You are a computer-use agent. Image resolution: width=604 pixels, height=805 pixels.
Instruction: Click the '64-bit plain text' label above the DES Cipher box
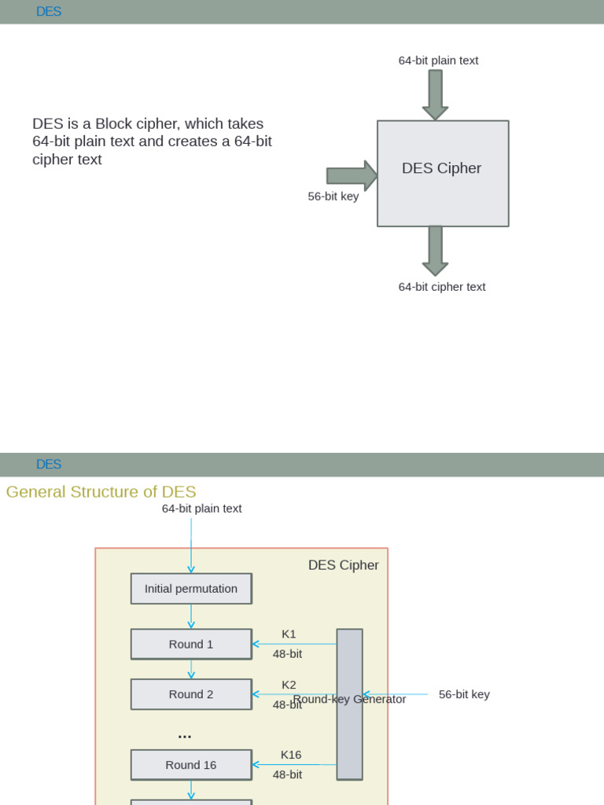438,61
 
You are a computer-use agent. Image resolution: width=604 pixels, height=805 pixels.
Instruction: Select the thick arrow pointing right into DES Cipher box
352,175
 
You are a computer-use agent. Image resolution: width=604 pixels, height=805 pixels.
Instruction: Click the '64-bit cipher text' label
442,287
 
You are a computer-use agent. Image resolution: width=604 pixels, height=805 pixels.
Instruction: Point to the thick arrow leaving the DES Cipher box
435,251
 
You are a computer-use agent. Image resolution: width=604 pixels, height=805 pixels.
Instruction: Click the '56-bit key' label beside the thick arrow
333,197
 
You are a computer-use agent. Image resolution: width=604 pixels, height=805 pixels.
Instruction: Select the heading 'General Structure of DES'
101,492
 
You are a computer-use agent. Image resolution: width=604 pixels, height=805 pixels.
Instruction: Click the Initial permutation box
191,589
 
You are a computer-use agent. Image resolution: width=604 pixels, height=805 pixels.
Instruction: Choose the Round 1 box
191,645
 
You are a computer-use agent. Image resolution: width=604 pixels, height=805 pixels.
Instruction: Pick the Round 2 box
191,695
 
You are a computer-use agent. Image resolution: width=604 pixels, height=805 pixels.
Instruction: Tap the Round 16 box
191,765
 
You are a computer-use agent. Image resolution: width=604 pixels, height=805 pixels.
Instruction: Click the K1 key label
289,634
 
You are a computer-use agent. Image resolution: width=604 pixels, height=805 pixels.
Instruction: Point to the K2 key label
289,685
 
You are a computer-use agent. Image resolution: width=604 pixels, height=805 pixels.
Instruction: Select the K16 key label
291,755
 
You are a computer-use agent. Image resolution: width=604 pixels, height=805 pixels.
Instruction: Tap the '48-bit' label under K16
287,774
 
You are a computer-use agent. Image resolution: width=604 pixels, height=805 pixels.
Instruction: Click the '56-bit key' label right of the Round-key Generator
464,695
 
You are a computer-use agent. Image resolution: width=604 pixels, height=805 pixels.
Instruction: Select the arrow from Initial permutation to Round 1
191,616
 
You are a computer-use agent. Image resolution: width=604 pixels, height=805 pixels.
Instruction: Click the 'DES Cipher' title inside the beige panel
343,565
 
